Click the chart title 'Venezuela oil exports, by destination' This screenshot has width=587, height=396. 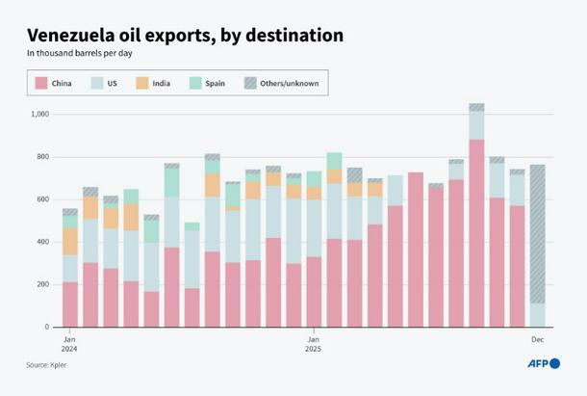185,36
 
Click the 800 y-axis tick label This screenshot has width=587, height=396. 42,157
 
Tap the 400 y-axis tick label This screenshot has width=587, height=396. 42,242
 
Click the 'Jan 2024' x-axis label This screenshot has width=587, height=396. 69,344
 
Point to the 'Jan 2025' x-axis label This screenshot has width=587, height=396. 314,344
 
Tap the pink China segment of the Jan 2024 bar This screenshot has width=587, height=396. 70,304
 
